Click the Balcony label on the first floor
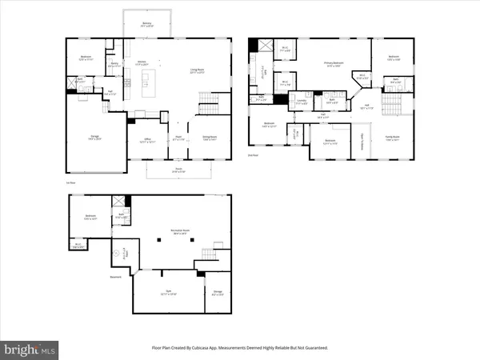click(146, 25)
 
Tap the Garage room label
click(94, 139)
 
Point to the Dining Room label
click(210, 138)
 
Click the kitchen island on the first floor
click(147, 81)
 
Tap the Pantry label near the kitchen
click(114, 62)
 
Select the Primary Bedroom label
click(329, 66)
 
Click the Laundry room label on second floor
click(302, 102)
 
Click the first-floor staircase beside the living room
click(206, 102)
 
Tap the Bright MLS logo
click(30, 349)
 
